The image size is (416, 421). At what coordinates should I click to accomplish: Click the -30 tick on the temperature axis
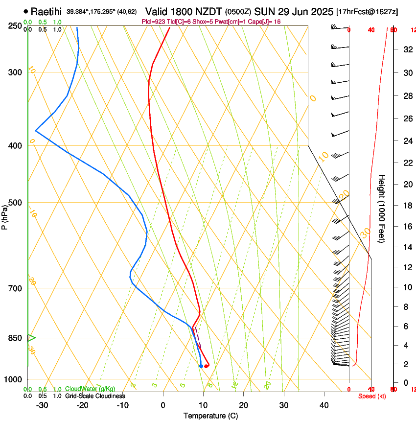point(42,405)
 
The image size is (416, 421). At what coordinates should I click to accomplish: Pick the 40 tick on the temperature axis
point(324,405)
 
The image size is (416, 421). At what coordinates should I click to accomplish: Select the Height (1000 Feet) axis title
point(382,209)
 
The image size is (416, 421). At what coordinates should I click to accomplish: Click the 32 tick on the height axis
point(406,49)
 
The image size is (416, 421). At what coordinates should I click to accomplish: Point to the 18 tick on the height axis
point(406,206)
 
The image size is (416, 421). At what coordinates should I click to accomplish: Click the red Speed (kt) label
point(371,396)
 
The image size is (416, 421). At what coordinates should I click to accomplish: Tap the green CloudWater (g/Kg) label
point(90,389)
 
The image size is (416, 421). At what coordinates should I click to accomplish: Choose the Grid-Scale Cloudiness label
point(95,396)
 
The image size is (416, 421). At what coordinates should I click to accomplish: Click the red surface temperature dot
point(206,366)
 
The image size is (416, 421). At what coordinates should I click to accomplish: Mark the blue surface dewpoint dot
point(201,366)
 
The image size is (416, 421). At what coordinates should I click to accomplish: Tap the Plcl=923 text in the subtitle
point(154,22)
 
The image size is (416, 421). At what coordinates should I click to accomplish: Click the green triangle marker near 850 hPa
point(31,337)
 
